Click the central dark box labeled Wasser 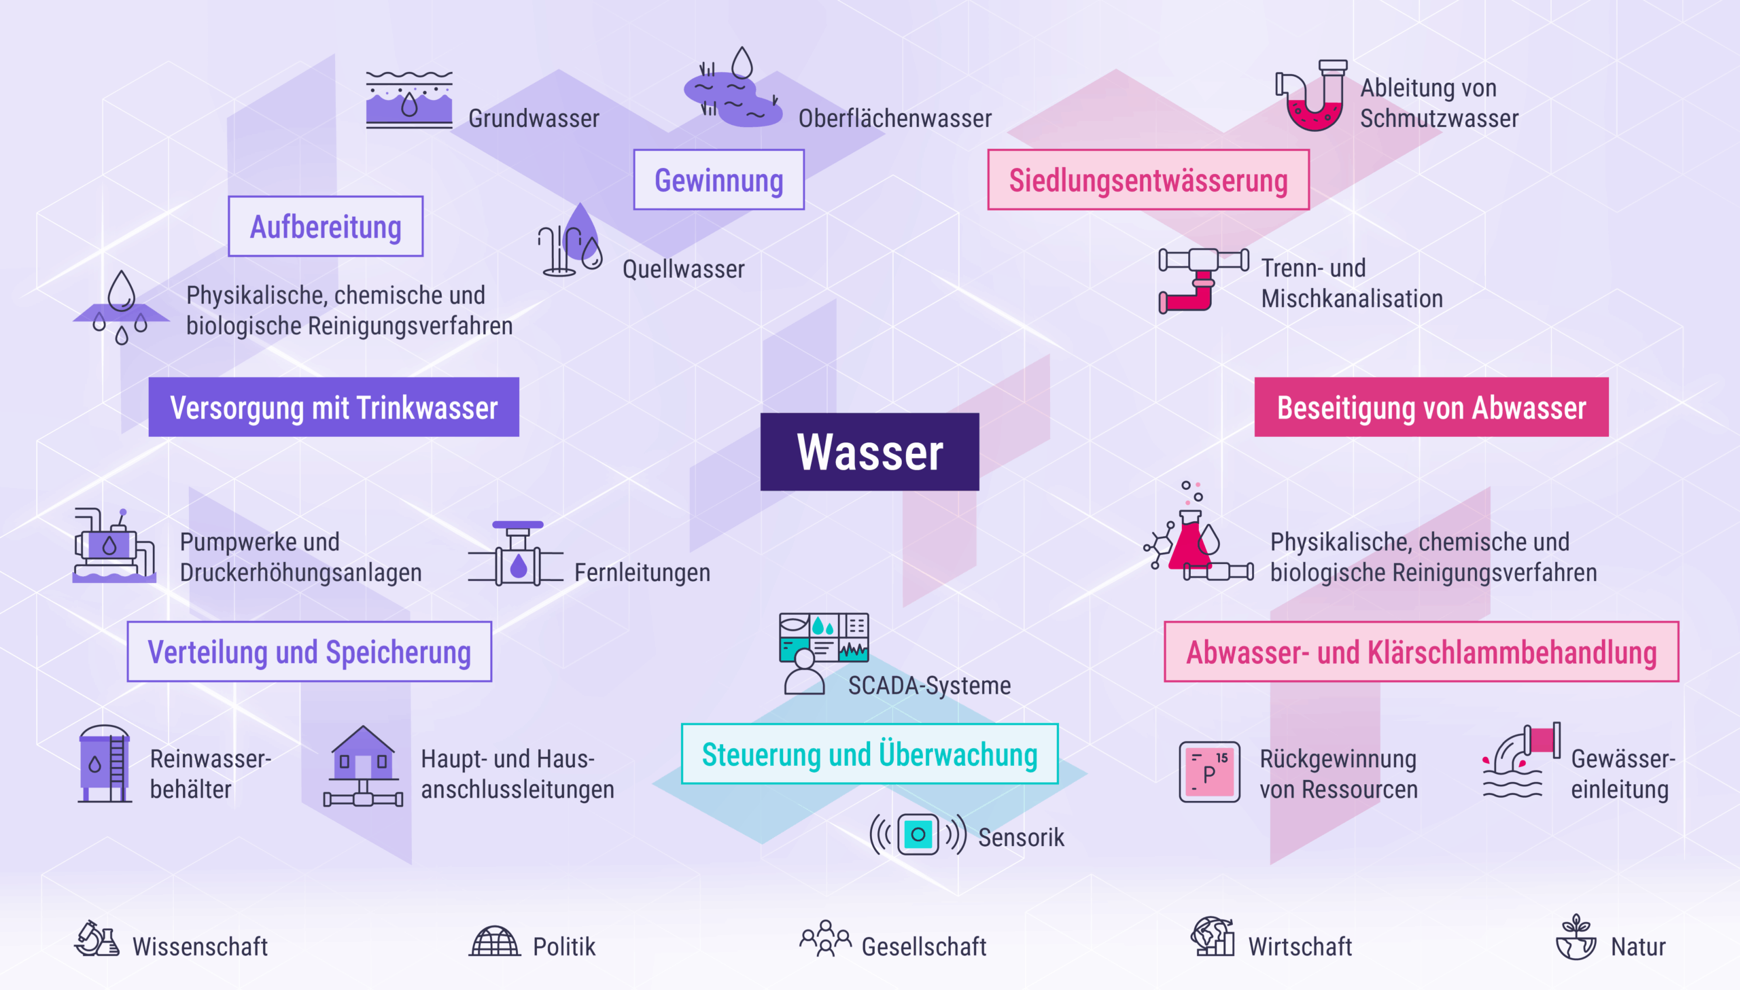click(869, 451)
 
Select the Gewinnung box click(718, 180)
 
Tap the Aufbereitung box click(326, 226)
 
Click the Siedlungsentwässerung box click(1148, 180)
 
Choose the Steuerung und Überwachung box click(869, 754)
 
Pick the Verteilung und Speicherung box click(309, 652)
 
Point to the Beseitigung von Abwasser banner click(1431, 407)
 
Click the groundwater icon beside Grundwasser click(408, 101)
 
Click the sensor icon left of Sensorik click(918, 834)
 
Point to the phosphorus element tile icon click(1209, 772)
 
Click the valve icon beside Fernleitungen click(517, 555)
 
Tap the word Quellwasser click(683, 269)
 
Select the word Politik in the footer click(563, 947)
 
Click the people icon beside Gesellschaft click(824, 939)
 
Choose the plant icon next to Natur click(1576, 938)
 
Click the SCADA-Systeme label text click(929, 686)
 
